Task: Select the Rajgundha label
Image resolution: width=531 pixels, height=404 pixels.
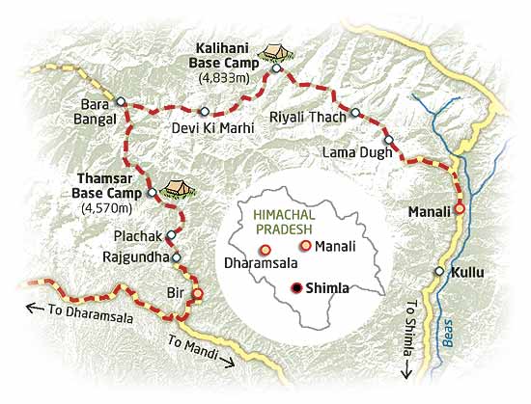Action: pos(135,257)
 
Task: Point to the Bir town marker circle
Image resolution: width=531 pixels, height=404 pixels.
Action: pos(198,294)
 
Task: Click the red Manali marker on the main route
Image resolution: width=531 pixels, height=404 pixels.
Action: pos(461,207)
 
